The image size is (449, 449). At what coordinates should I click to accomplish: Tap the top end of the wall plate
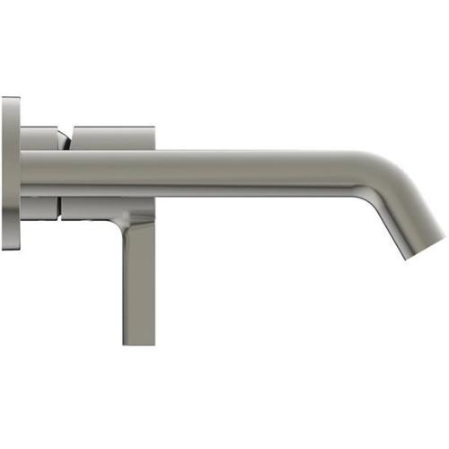coord(9,101)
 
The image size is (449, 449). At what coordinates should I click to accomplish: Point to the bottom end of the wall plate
coord(9,245)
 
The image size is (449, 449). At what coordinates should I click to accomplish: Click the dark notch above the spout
coord(66,141)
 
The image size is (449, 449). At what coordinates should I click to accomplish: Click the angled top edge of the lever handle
coord(140,216)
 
